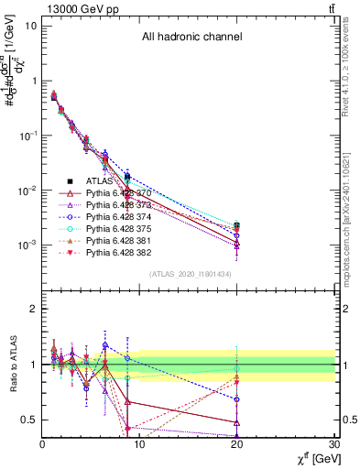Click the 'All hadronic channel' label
coord(191,38)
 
